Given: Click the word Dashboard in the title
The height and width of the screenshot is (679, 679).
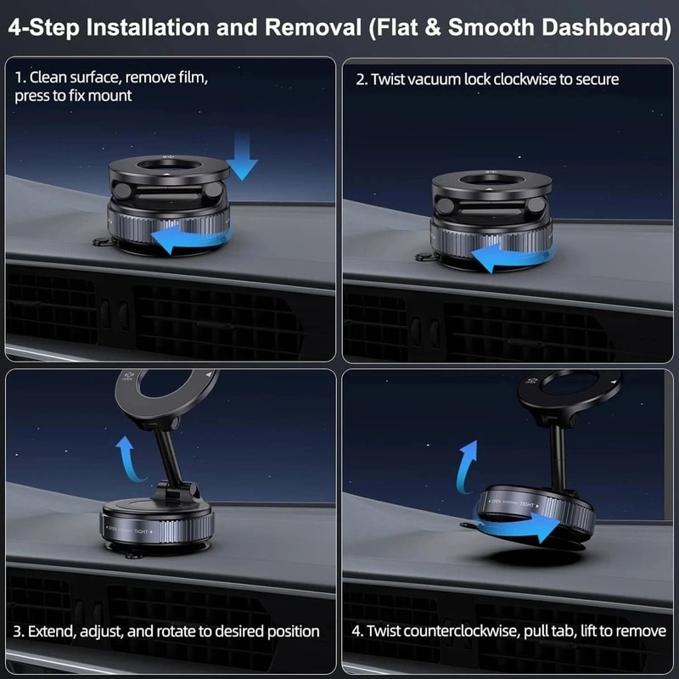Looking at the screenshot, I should (x=593, y=26).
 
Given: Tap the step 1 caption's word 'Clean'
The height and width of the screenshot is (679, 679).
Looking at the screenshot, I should (x=49, y=77).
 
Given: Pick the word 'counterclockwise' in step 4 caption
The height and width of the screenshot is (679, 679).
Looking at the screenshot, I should (x=469, y=631).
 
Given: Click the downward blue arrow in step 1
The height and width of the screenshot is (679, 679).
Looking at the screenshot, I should (x=242, y=160).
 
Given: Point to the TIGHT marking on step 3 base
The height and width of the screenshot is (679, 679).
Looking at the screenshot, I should (x=140, y=531).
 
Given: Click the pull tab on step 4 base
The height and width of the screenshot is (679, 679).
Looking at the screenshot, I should (x=469, y=526).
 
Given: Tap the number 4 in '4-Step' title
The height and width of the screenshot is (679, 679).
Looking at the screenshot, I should (x=14, y=26).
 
